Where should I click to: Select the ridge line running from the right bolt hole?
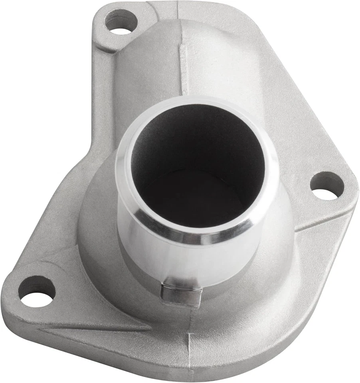coord(319,223)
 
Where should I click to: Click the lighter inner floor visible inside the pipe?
coord(192,203)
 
